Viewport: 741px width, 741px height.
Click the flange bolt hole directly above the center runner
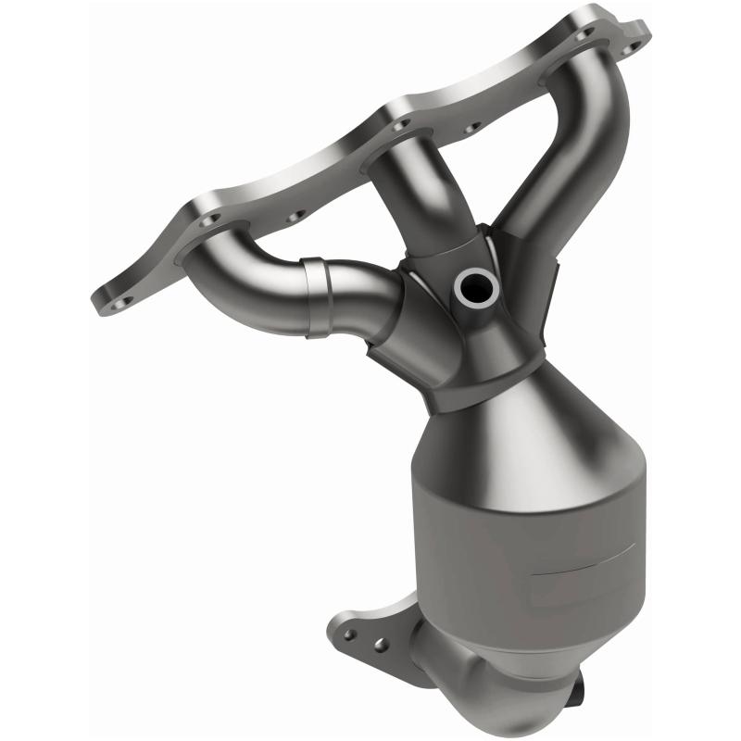click(x=399, y=123)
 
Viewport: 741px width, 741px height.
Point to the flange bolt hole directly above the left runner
click(x=209, y=220)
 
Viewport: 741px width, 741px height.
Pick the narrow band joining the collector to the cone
click(x=482, y=389)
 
